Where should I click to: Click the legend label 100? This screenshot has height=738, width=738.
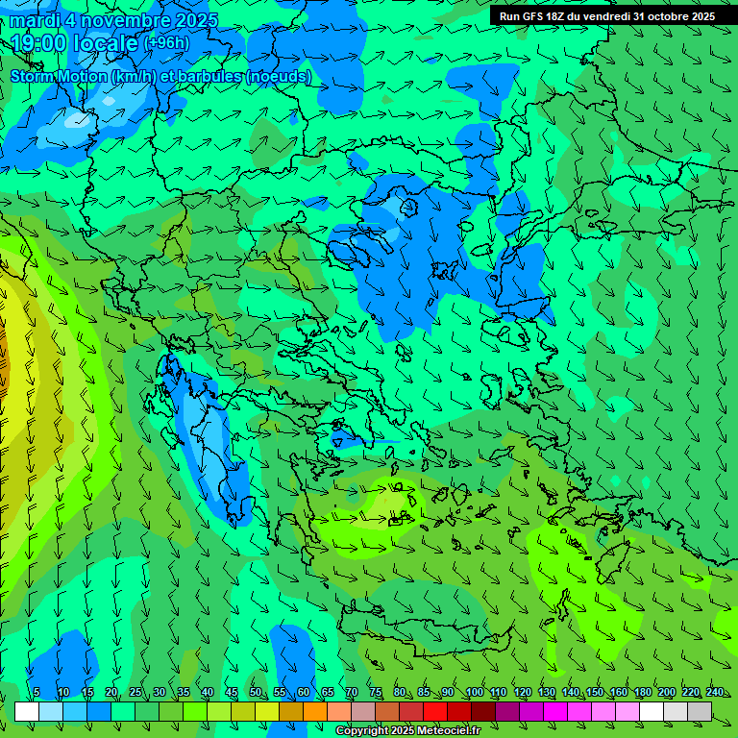pyautogui.click(x=474, y=692)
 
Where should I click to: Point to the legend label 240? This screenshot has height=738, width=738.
pyautogui.click(x=715, y=692)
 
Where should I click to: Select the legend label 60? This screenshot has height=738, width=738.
pyautogui.click(x=304, y=692)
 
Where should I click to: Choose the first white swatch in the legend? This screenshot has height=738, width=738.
pyautogui.click(x=27, y=711)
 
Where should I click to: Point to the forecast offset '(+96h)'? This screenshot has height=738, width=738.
pyautogui.click(x=166, y=43)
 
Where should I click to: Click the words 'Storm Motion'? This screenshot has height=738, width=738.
pyautogui.click(x=58, y=76)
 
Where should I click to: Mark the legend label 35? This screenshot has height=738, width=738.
pyautogui.click(x=183, y=692)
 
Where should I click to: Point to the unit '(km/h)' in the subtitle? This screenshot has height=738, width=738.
pyautogui.click(x=135, y=76)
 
